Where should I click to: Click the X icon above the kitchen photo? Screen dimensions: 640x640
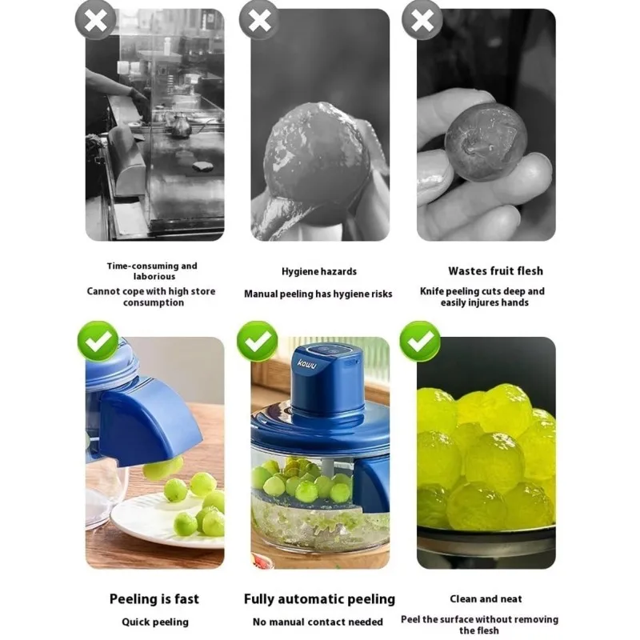coord(95,20)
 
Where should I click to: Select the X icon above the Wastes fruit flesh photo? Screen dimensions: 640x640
coord(422,20)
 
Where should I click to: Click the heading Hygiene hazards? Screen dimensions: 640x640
coord(319,272)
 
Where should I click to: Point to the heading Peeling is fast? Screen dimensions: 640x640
coord(154,598)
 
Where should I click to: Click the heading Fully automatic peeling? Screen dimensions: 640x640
coord(319,598)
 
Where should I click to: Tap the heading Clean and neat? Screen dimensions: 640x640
coord(486,598)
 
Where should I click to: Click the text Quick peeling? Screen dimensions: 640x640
coord(154,622)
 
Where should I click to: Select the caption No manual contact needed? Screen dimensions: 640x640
coord(318,622)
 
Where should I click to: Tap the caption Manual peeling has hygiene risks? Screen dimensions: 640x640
coord(318,294)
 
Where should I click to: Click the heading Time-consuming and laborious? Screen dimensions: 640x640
coord(152,271)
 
